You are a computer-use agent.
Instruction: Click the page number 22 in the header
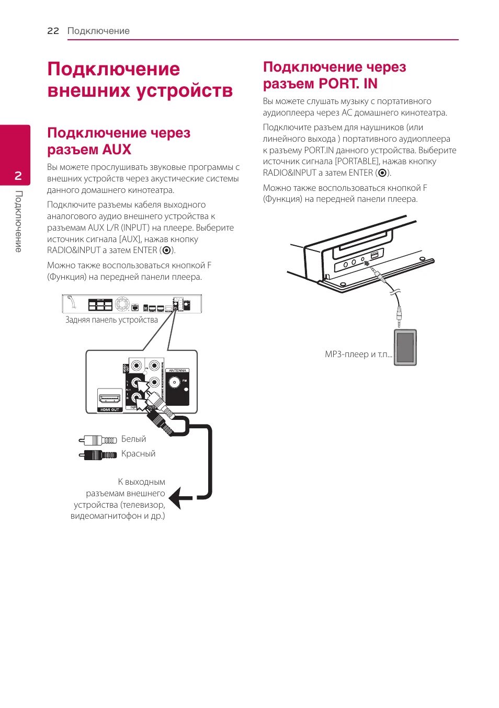[53, 31]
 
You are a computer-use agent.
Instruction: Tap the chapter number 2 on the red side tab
[18, 176]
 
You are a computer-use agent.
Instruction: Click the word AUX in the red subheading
[117, 150]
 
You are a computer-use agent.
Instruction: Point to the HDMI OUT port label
[110, 409]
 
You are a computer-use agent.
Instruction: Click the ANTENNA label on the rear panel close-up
[177, 370]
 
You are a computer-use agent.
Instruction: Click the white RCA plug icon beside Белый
[98, 440]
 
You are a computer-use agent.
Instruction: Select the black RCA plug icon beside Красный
[98, 455]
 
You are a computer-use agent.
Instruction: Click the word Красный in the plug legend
[138, 454]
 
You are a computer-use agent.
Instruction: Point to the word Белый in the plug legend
[133, 439]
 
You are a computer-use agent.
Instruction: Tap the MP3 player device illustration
[405, 347]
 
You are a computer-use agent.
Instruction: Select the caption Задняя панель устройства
[111, 320]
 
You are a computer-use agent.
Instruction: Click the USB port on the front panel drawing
[373, 256]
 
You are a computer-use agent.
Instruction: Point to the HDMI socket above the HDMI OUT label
[110, 398]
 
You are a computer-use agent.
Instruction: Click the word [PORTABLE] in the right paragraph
[357, 162]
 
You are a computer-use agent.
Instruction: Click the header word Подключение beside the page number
[98, 31]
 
